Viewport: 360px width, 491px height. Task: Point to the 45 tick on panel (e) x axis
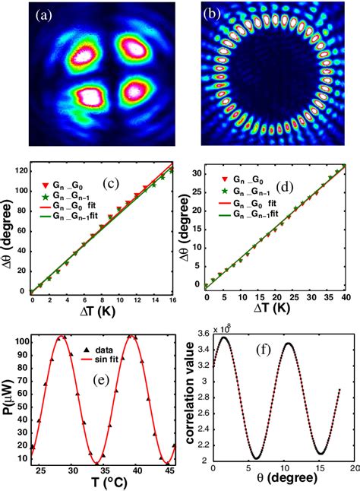pyautogui.click(x=169, y=471)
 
